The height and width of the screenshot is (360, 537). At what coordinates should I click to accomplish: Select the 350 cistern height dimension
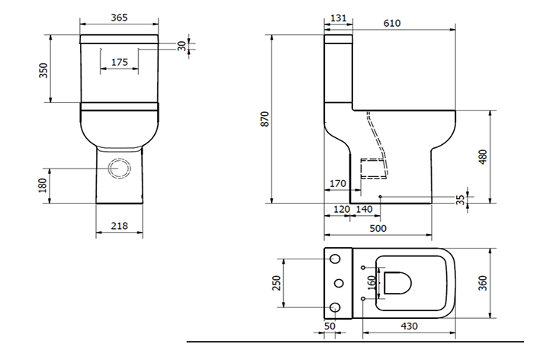pyautogui.click(x=44, y=70)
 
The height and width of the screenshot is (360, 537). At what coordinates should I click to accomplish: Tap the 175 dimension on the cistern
pyautogui.click(x=119, y=63)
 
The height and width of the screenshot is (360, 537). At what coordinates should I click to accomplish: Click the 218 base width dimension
pyautogui.click(x=119, y=226)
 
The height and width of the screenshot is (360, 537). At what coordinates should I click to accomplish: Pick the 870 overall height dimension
pyautogui.click(x=265, y=120)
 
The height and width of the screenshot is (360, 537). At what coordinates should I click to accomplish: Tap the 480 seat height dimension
pyautogui.click(x=483, y=157)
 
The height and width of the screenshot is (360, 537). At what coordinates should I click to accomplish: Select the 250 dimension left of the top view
pyautogui.click(x=277, y=283)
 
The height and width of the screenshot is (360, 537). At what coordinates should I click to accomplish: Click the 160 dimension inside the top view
pyautogui.click(x=372, y=283)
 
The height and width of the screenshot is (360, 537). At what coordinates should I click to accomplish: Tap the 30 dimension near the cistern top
pyautogui.click(x=182, y=46)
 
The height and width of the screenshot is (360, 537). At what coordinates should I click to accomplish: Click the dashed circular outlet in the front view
pyautogui.click(x=119, y=169)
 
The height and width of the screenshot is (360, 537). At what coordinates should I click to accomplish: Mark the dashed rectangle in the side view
pyautogui.click(x=372, y=168)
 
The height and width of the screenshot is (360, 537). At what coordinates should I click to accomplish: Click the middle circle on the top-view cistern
pyautogui.click(x=336, y=284)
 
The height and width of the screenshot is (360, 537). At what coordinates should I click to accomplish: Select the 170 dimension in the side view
pyautogui.click(x=339, y=184)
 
